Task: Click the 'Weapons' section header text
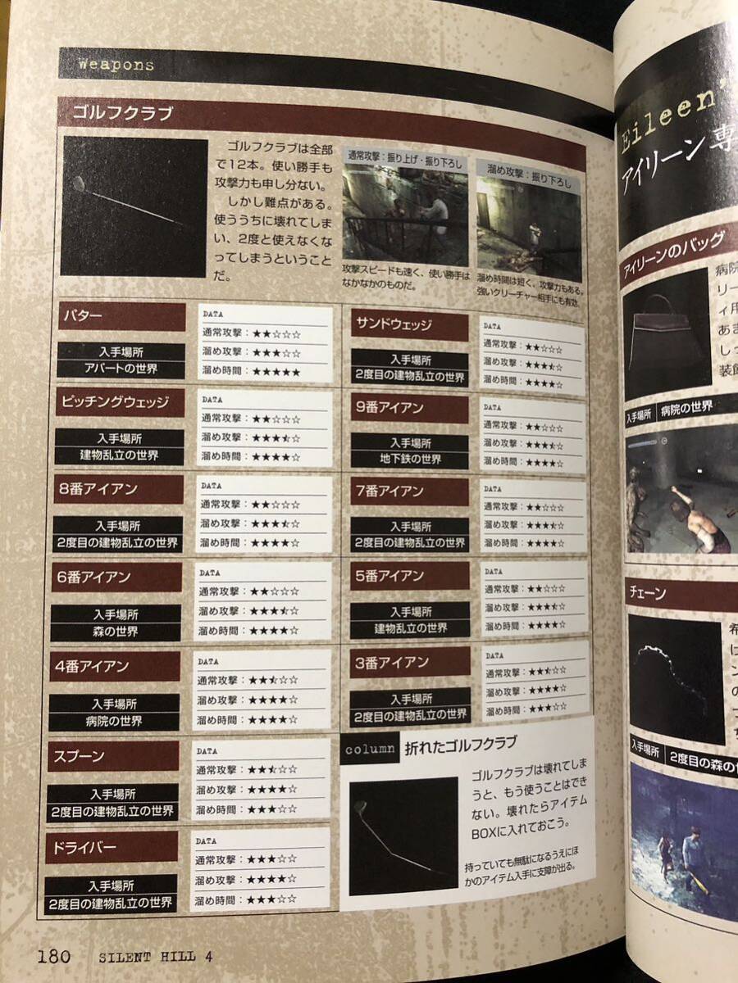[116, 65]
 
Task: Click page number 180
[54, 956]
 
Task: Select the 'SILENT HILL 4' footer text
[156, 957]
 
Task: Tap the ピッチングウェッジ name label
[114, 402]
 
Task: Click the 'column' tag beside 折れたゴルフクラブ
[370, 750]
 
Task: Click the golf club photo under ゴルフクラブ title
[134, 206]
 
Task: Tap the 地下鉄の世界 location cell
[410, 460]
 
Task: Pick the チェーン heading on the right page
[649, 591]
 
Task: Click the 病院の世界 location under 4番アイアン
[114, 722]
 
